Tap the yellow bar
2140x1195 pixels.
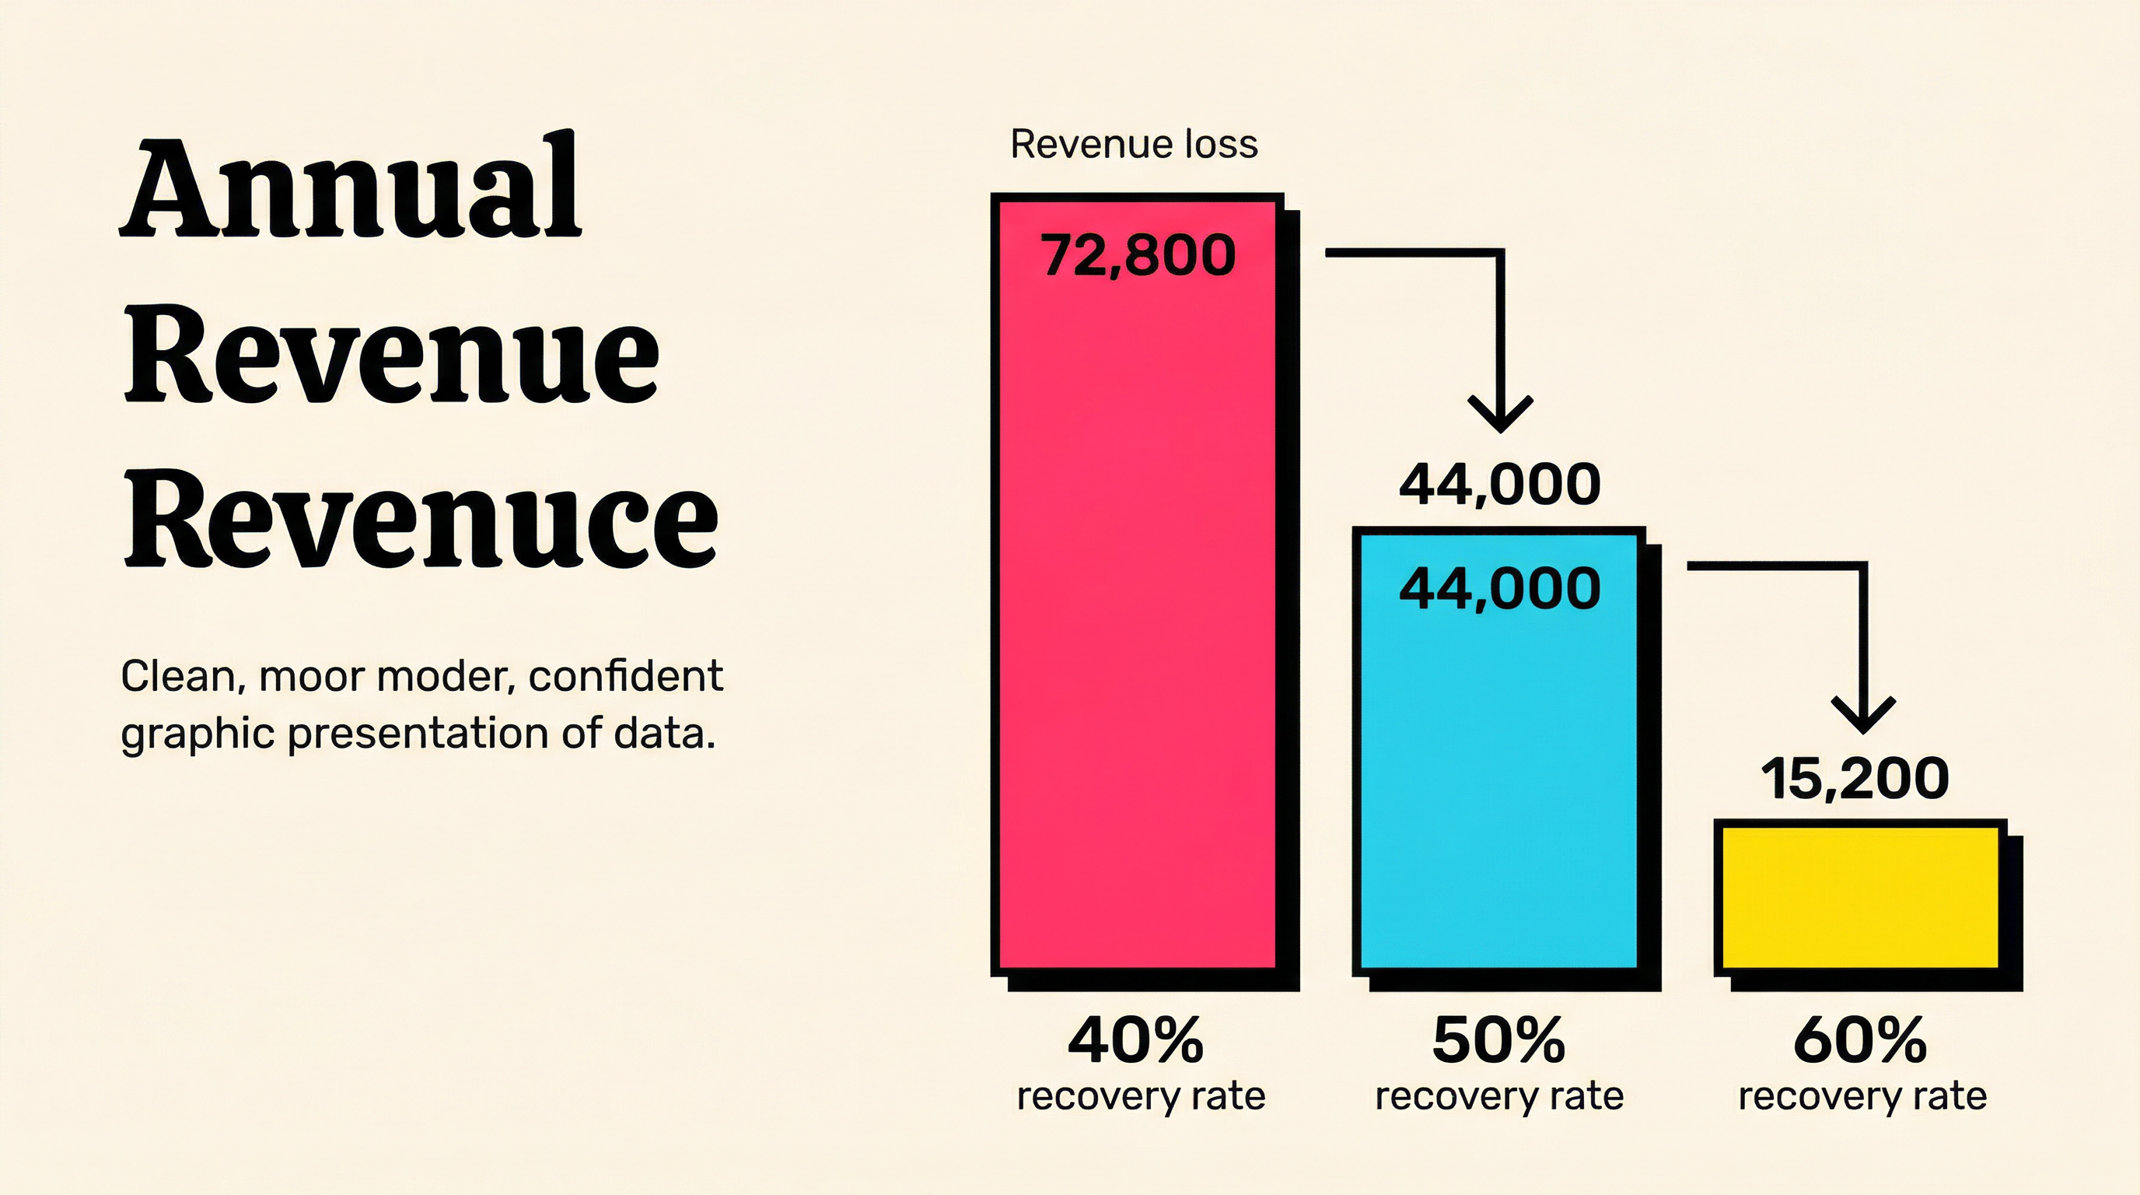tap(1860, 898)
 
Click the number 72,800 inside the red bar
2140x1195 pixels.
tap(1138, 255)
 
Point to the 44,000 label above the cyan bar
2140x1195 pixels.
tap(1499, 485)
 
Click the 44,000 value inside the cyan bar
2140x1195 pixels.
tap(1499, 588)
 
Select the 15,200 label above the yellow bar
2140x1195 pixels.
tap(1854, 780)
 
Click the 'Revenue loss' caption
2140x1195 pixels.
tap(1134, 145)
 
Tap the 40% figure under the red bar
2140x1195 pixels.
tap(1135, 1040)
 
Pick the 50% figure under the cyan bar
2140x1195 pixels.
tap(1498, 1040)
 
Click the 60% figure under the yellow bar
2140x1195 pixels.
tap(1860, 1040)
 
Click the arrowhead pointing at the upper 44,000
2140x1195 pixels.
tap(1499, 414)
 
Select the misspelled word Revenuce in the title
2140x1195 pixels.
tap(421, 519)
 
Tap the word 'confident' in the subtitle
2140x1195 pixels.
tap(625, 676)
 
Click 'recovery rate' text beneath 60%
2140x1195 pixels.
tap(1862, 1096)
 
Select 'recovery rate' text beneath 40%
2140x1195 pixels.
tap(1141, 1096)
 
